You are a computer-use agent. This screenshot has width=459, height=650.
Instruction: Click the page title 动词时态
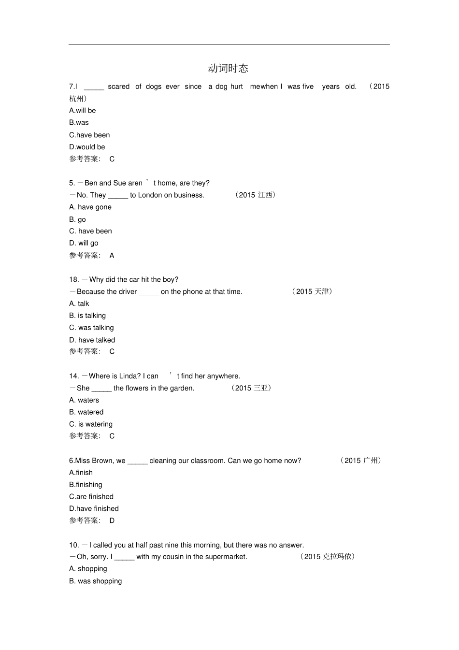point(228,68)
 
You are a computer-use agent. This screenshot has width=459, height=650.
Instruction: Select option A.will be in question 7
point(83,111)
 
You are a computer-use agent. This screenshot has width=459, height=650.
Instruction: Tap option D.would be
point(87,147)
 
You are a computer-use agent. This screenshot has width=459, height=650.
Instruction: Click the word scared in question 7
point(119,87)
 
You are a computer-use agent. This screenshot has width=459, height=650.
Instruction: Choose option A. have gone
point(90,207)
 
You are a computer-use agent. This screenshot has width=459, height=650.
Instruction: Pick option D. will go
point(84,243)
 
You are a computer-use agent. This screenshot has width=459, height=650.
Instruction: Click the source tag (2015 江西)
point(256,195)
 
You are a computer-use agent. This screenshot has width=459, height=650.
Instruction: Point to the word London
point(150,195)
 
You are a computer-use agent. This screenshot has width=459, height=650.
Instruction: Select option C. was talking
point(91,328)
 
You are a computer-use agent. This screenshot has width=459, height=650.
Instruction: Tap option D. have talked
point(92,340)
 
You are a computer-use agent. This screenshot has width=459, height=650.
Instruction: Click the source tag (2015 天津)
point(312,291)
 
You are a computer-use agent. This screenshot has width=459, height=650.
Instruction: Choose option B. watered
point(86,412)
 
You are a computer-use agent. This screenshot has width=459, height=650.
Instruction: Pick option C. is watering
point(91,424)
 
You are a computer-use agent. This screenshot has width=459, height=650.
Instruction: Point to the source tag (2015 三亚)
point(251,388)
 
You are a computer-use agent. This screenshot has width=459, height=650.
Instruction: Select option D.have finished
point(94,508)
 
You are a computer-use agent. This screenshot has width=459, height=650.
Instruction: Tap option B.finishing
point(86,485)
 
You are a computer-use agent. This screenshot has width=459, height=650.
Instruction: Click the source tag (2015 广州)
point(361,461)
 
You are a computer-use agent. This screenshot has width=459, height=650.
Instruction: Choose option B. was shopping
point(96,581)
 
